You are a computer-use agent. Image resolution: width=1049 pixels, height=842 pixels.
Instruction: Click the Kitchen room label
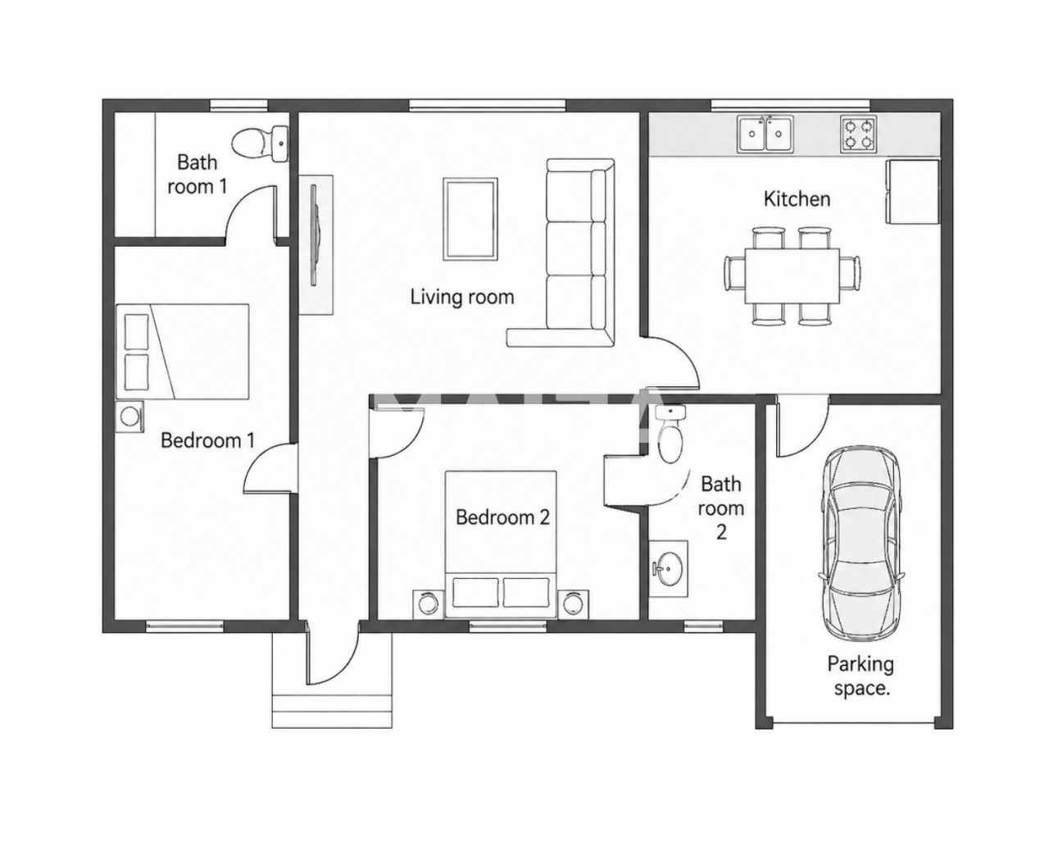[x=797, y=199]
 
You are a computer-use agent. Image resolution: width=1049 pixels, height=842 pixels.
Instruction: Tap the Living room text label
[x=462, y=297]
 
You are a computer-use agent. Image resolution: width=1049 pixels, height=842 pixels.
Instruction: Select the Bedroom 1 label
[x=207, y=440]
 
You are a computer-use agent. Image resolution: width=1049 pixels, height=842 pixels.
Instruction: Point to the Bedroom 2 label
[x=502, y=517]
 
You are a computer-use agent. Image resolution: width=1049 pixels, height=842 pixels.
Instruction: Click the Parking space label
[x=861, y=676]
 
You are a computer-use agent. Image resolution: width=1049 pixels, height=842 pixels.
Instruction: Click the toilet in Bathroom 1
[x=261, y=143]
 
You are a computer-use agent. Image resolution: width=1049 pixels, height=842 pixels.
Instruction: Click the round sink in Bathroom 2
[x=669, y=568]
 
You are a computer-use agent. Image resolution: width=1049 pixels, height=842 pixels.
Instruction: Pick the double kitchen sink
[x=765, y=133]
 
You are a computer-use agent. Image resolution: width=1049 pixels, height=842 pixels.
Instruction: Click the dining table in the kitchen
[x=792, y=275]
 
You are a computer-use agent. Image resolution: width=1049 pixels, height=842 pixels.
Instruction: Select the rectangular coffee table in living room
[x=470, y=219]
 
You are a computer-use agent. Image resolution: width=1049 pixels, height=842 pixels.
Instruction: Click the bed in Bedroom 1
[x=182, y=352]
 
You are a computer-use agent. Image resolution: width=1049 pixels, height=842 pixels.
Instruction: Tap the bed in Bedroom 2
[x=501, y=544]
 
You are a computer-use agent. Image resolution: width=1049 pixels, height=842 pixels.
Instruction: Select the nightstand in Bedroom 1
[x=129, y=417]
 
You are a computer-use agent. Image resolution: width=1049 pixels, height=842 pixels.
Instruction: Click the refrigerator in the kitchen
[x=912, y=192]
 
